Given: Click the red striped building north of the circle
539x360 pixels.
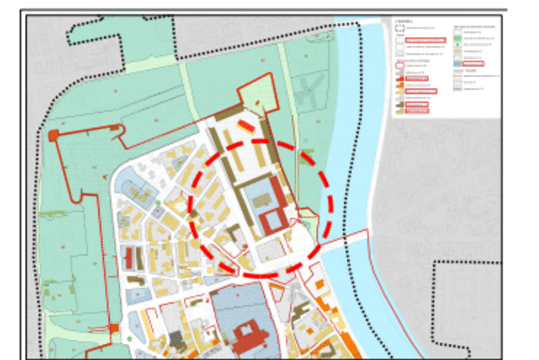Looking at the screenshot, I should [247, 126].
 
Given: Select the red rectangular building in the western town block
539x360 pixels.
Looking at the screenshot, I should [130, 257].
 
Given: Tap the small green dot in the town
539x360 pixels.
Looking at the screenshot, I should [156, 201].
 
